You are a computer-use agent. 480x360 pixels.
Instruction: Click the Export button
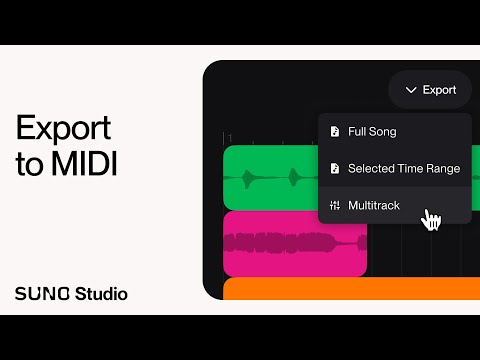click(430, 90)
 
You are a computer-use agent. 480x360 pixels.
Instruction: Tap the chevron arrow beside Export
click(411, 90)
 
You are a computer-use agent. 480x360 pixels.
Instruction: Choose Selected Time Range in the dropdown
click(394, 168)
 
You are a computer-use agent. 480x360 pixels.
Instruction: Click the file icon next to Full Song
click(334, 132)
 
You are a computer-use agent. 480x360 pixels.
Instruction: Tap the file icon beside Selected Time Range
click(334, 168)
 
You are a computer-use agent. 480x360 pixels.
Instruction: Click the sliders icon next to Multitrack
click(334, 205)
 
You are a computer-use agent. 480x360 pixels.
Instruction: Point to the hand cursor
click(431, 219)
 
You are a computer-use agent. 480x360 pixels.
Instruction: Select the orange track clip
click(350, 289)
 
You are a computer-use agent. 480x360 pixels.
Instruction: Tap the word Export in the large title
click(61, 129)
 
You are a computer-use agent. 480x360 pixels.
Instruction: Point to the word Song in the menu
click(382, 132)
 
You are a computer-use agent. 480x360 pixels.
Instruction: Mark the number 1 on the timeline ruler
click(229, 138)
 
